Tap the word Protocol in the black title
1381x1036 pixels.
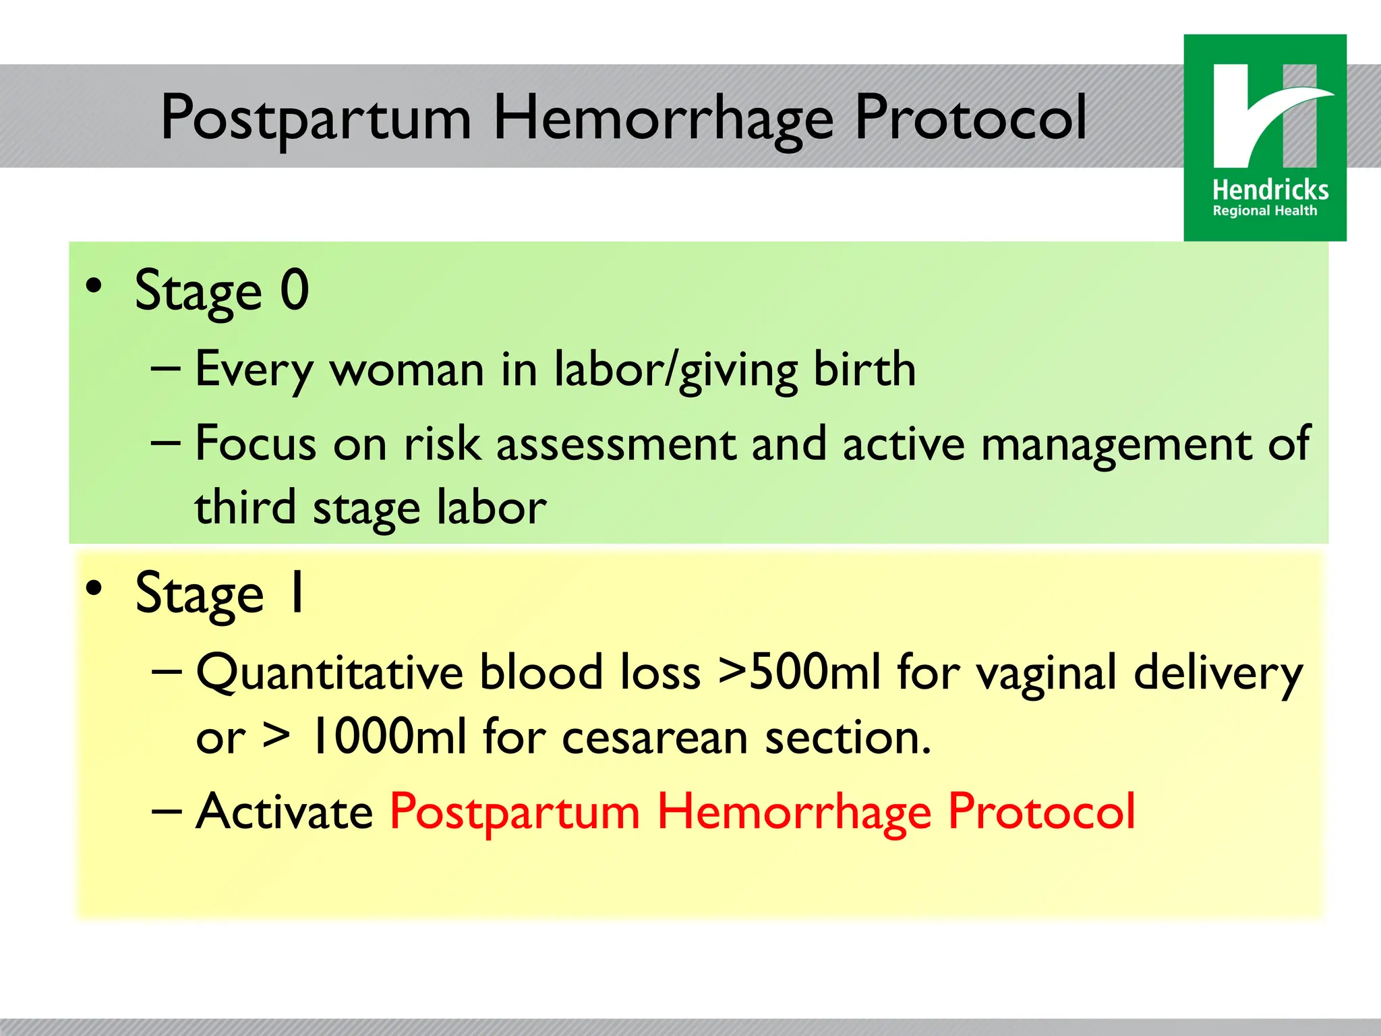pos(970,119)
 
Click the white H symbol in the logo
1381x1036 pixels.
pos(1265,116)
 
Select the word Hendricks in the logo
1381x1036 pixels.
pos(1270,190)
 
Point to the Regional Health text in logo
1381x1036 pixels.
pos(1264,211)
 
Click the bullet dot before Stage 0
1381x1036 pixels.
pos(94,286)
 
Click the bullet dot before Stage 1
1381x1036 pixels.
pos(94,587)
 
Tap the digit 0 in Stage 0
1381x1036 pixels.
pos(295,290)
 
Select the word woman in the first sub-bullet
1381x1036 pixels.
pos(407,370)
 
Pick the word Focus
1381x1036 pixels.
pos(256,444)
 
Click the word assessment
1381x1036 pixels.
pos(616,445)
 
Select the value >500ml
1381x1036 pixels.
pos(800,672)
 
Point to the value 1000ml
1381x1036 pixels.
pos(388,737)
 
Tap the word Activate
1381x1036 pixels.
pos(284,811)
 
